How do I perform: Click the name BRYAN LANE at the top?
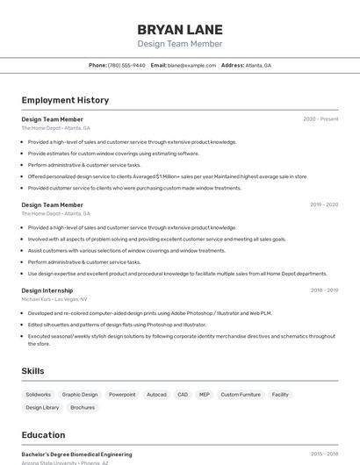tap(180, 29)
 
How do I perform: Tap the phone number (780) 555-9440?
tap(126, 65)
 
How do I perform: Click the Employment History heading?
tap(65, 100)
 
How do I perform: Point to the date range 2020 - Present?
tap(320, 119)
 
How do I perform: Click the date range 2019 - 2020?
tap(324, 204)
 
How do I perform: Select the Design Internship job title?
tap(47, 290)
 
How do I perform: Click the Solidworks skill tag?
tap(39, 395)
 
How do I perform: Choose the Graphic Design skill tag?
tap(80, 395)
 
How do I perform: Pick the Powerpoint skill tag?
tap(122, 395)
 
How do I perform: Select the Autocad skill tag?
tap(156, 395)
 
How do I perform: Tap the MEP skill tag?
tap(205, 395)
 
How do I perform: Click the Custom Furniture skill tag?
tap(241, 395)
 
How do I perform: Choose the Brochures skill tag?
tap(83, 407)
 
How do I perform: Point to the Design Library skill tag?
tap(42, 407)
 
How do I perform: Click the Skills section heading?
tap(33, 371)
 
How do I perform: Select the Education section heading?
tap(43, 435)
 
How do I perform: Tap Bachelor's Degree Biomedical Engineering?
tap(77, 454)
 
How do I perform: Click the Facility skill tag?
tap(280, 395)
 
